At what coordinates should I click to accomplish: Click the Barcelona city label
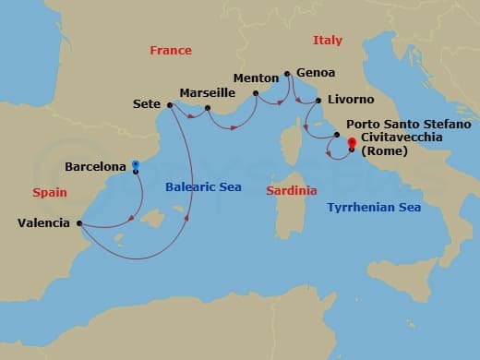96,167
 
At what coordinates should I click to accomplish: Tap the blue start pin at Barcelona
136,166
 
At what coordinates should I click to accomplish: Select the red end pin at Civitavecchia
352,143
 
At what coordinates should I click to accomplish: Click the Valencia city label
43,222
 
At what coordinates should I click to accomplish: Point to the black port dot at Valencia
79,222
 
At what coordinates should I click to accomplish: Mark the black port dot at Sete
170,104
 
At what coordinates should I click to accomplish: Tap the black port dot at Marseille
209,108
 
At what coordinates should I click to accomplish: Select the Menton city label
256,78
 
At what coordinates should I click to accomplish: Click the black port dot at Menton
256,92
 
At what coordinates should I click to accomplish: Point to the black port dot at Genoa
288,73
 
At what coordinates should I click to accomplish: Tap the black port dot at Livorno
318,101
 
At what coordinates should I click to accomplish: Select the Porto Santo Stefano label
409,124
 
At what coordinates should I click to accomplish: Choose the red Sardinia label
291,190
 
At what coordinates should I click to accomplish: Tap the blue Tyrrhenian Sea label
374,208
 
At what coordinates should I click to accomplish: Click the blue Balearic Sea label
203,186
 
